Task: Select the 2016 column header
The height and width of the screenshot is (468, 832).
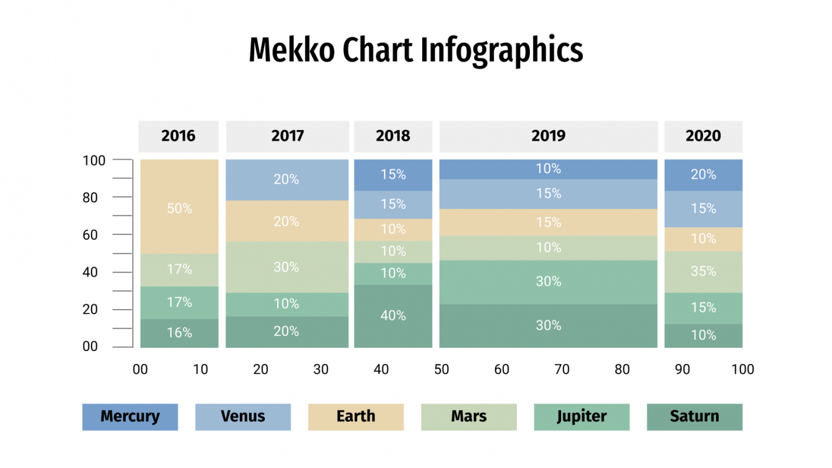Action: click(x=179, y=136)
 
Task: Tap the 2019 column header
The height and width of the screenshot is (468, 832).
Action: click(x=548, y=136)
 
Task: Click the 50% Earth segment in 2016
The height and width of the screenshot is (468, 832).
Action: click(x=179, y=208)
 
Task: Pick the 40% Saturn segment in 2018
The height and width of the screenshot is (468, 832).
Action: click(x=393, y=316)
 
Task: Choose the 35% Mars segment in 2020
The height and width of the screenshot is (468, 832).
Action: click(x=703, y=271)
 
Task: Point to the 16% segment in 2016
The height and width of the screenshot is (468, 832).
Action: click(x=179, y=333)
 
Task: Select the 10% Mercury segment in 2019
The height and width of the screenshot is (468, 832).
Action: click(x=548, y=169)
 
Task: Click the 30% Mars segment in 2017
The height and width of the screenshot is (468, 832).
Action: click(x=286, y=267)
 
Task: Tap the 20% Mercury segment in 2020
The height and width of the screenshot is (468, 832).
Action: click(x=703, y=175)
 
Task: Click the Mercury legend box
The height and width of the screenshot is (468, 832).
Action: click(x=130, y=417)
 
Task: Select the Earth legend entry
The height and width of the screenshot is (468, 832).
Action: click(x=356, y=417)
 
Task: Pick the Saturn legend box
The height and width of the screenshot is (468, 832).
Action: click(x=694, y=417)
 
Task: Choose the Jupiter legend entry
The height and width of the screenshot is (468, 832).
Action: click(x=582, y=417)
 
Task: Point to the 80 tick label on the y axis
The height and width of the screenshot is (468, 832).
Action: click(x=90, y=198)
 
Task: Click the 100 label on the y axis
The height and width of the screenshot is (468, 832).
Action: click(x=94, y=161)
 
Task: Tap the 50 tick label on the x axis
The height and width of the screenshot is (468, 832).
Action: click(x=442, y=370)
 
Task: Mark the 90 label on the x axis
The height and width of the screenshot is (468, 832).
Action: click(x=683, y=370)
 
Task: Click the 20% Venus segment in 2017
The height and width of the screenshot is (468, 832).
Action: click(x=286, y=179)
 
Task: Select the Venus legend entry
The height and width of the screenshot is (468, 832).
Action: click(x=243, y=417)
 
